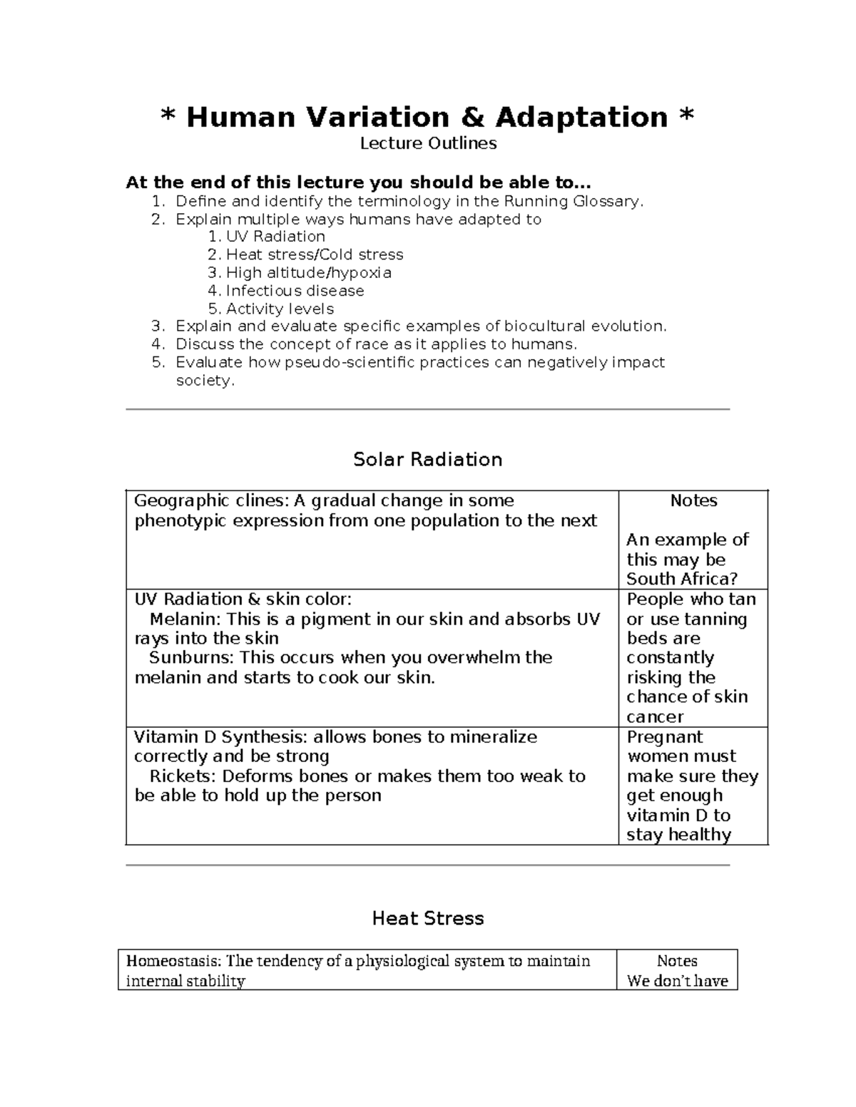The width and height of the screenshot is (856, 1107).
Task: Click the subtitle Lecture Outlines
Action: pyautogui.click(x=428, y=143)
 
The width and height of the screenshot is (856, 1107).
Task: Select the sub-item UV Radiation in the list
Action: pyautogui.click(x=275, y=237)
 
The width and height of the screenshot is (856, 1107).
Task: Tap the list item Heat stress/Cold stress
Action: pyautogui.click(x=314, y=254)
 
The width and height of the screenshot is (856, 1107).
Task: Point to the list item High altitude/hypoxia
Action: pyautogui.click(x=308, y=272)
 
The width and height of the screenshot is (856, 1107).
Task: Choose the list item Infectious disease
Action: pyautogui.click(x=295, y=291)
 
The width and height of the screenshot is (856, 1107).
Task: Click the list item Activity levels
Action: pyautogui.click(x=280, y=309)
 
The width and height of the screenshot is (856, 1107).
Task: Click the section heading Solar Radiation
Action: pyautogui.click(x=428, y=459)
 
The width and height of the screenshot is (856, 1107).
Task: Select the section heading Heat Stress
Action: pyautogui.click(x=428, y=918)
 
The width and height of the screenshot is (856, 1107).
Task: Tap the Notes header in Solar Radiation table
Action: pyautogui.click(x=693, y=501)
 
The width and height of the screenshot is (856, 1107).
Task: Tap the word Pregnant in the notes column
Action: pyautogui.click(x=664, y=737)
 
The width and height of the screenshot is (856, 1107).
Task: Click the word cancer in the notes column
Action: pyautogui.click(x=655, y=716)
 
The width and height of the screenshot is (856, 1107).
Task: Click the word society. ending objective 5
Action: pyautogui.click(x=205, y=381)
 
